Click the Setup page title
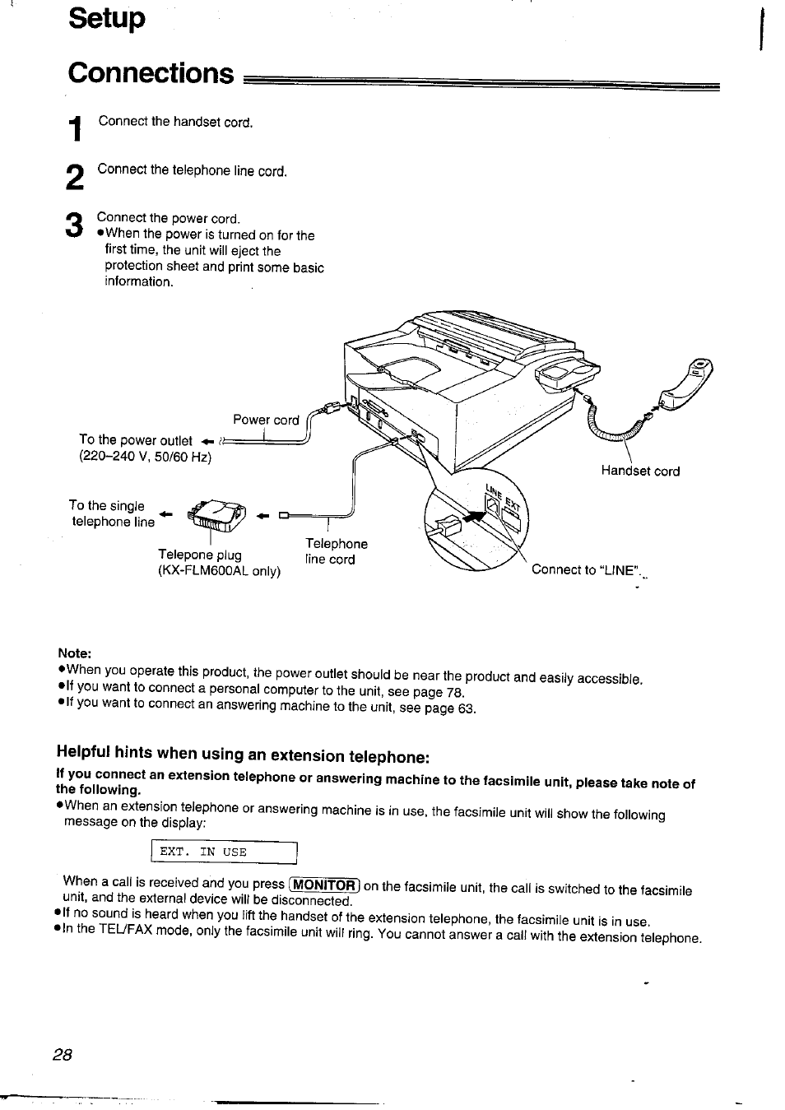pos(107,18)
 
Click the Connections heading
pos(151,73)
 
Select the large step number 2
pos(74,178)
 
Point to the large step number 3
pos(74,225)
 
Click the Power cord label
pos(266,420)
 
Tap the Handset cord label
pos(640,471)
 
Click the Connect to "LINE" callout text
pos(587,570)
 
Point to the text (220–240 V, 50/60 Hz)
pos(145,457)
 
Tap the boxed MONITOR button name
pos(326,885)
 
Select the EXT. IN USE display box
pos(224,852)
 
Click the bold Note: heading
pos(74,653)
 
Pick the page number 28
pos(63,1057)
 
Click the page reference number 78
pos(455,692)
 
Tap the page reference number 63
pos(467,708)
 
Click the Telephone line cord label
pos(336,551)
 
